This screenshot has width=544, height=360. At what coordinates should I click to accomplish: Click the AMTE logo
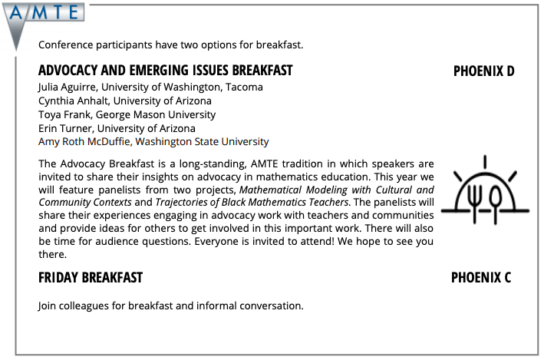tap(43, 13)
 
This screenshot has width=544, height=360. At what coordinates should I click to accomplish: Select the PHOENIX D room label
tap(483, 71)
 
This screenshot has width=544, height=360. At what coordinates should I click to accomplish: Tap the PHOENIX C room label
tap(481, 277)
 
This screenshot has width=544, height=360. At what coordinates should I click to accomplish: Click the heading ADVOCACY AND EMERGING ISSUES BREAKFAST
tap(165, 71)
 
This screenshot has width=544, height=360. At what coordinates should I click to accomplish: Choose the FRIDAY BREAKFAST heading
tap(91, 277)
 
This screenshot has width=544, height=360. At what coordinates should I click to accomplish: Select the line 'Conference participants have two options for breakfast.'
tap(170, 44)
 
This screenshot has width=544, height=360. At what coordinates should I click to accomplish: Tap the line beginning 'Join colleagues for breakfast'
tap(170, 306)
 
